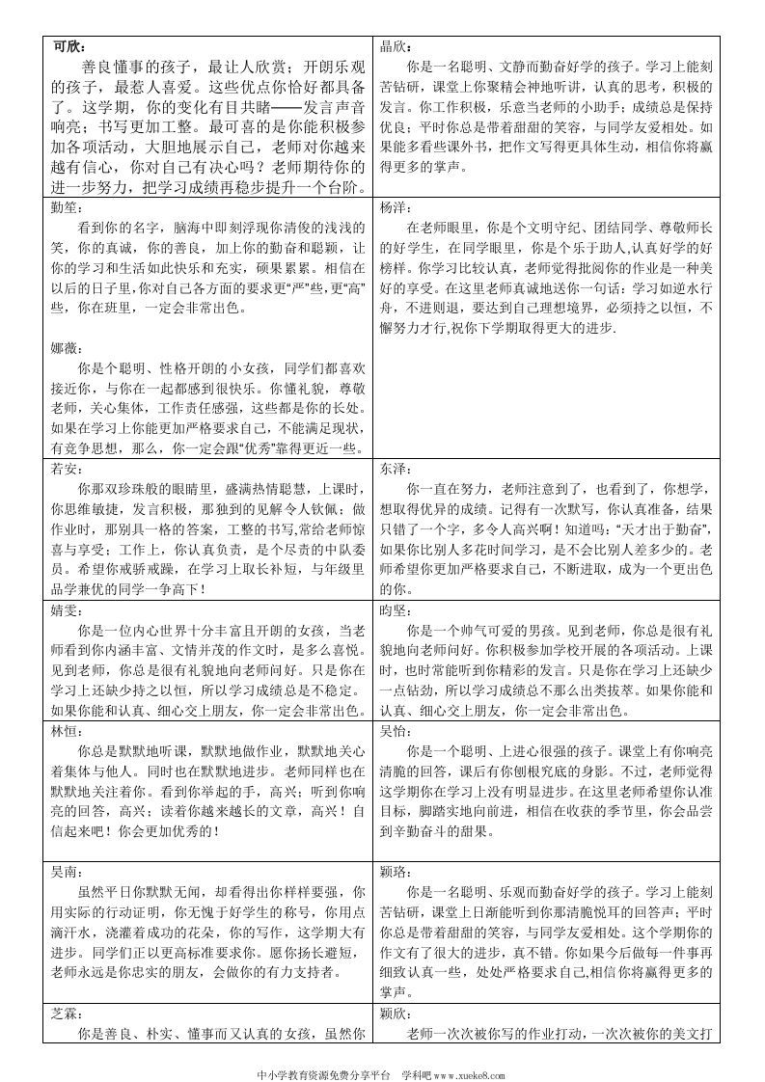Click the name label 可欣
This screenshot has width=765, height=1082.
click(x=69, y=45)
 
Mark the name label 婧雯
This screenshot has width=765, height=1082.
click(x=66, y=608)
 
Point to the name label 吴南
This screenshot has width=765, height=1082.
click(x=66, y=870)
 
